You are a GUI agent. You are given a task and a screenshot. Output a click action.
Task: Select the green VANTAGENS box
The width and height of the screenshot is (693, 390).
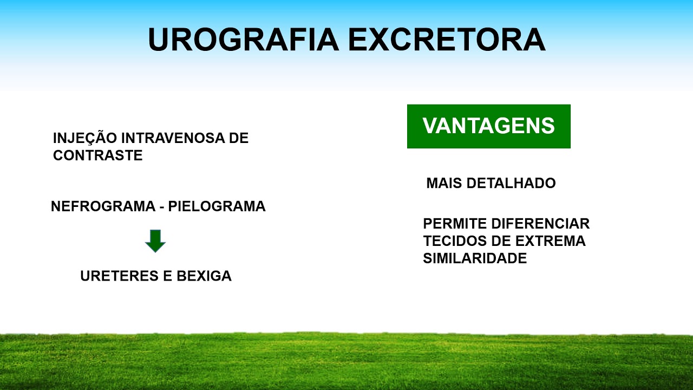488,126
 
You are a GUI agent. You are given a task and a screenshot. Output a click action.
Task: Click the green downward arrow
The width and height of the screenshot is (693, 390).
155,240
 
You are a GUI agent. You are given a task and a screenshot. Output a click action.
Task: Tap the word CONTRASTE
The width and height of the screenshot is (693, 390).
98,155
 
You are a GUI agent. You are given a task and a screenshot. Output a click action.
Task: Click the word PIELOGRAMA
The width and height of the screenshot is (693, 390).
217,206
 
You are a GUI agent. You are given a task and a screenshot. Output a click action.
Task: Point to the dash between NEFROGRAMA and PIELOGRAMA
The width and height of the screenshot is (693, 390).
161,207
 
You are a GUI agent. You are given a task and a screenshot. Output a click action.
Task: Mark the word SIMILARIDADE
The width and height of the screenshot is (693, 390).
475,258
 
